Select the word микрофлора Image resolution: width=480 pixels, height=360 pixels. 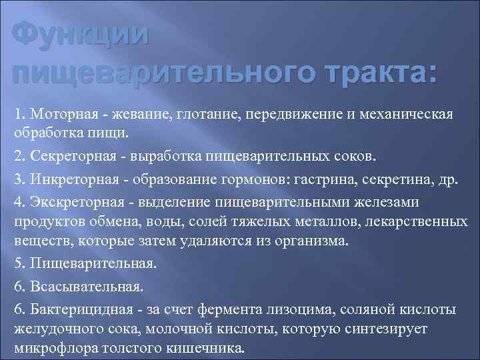(53, 349)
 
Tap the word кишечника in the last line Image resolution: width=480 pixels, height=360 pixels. (209, 349)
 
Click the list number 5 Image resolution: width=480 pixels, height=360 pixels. (17, 263)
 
